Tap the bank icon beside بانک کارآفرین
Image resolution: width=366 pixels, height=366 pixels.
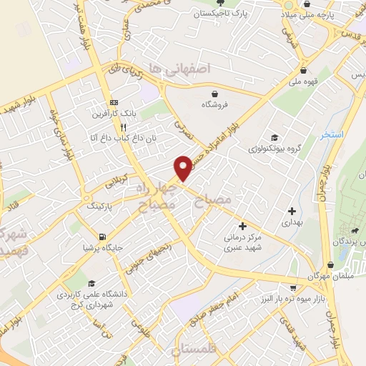pos(114,103)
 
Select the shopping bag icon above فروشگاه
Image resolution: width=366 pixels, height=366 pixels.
pos(214,92)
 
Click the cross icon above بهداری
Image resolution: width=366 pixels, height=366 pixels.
pos(292,211)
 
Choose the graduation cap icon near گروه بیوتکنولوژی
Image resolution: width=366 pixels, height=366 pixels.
pos(274,138)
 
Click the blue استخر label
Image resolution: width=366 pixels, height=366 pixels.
pos(332,134)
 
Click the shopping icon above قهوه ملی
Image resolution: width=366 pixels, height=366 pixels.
pos(305,70)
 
